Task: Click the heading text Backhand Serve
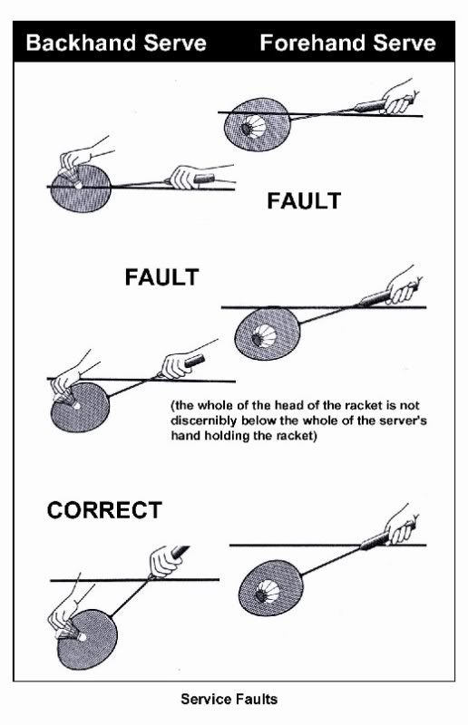click(116, 43)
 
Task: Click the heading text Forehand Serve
click(347, 43)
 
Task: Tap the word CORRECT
click(104, 510)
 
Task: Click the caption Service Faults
click(229, 699)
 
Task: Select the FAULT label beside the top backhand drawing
click(304, 200)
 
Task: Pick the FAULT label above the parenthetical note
click(161, 277)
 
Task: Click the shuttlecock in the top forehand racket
click(253, 126)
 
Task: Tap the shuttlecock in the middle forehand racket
click(264, 335)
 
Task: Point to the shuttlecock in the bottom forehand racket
click(268, 592)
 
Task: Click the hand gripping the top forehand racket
click(399, 98)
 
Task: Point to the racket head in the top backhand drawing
click(81, 188)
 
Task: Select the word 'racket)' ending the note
click(297, 436)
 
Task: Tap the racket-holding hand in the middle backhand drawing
click(176, 366)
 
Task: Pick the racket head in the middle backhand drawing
click(80, 407)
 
